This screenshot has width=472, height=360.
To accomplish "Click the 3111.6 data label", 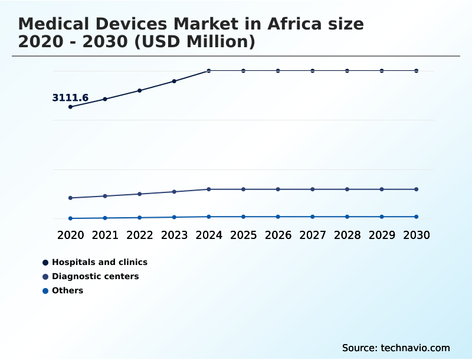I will tap(70, 98).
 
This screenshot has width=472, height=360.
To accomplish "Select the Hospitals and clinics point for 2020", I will tap(70, 107).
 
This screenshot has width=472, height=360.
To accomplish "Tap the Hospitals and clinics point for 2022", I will tap(140, 90).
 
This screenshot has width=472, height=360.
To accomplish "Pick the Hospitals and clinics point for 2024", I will tap(209, 71).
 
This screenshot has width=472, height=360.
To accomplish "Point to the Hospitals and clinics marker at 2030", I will tap(417, 71).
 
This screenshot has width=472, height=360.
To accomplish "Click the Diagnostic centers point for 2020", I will tap(70, 198).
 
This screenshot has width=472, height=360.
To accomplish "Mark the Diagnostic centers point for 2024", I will tap(209, 189).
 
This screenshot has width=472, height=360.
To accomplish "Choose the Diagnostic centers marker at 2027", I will tap(313, 189).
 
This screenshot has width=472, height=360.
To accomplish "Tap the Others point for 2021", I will tap(105, 218).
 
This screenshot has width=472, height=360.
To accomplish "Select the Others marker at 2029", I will tap(382, 217).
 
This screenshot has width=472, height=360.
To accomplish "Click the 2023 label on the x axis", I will tap(174, 235).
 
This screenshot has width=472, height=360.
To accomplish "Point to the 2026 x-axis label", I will tap(278, 235).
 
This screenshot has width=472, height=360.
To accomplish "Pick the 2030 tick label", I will tap(417, 235).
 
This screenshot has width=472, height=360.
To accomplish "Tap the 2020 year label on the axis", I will tap(70, 235).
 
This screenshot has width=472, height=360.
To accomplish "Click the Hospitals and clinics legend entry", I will tap(99, 262).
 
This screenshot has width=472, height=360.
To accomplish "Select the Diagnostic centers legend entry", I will tap(95, 276).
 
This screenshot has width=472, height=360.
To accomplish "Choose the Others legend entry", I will tap(67, 290).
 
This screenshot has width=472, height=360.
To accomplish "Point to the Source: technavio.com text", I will tap(396, 348).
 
